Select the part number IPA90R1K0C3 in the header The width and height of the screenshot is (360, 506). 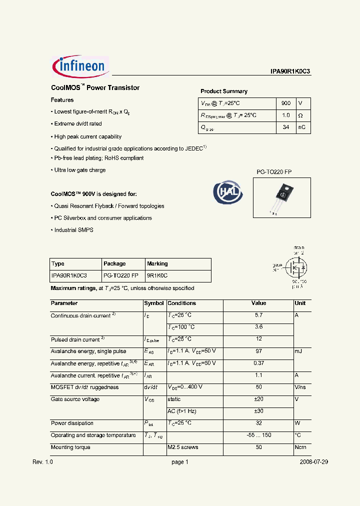pyautogui.click(x=290, y=71)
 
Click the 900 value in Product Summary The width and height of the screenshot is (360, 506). pyautogui.click(x=285, y=103)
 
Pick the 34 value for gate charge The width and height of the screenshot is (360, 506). pyautogui.click(x=285, y=127)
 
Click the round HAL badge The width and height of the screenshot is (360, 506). pyautogui.click(x=228, y=192)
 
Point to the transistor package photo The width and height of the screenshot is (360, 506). pyautogui.click(x=282, y=197)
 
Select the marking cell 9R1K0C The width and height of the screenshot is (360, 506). pyautogui.click(x=157, y=275)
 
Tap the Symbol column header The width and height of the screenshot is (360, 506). pyautogui.click(x=154, y=303)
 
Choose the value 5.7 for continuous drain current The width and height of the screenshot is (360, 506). pyautogui.click(x=258, y=315)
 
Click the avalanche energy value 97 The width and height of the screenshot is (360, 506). pyautogui.click(x=258, y=351)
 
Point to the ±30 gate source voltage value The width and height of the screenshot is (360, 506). pyautogui.click(x=258, y=411)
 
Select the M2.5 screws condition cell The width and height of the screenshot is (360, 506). pyautogui.click(x=183, y=447)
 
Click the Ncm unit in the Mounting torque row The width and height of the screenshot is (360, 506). pyautogui.click(x=300, y=447)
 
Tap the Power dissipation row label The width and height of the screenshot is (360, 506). pyautogui.click(x=72, y=423)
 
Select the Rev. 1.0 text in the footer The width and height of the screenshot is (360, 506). pyautogui.click(x=42, y=462)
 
